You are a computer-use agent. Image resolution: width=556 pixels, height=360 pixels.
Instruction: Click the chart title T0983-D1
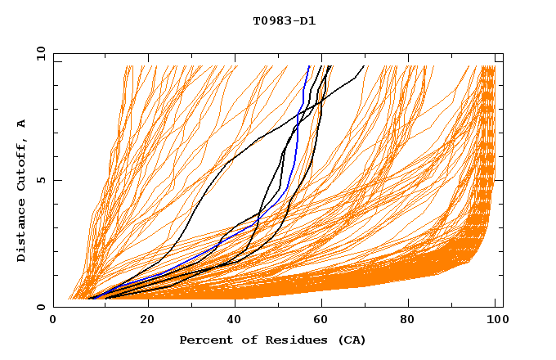284,20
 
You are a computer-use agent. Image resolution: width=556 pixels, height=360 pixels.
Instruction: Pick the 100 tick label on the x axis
495,320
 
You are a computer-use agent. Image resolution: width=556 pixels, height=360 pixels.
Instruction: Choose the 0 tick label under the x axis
54,320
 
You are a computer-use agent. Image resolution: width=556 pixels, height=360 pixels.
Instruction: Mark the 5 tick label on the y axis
39,180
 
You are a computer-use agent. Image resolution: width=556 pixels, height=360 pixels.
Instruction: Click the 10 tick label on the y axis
37,53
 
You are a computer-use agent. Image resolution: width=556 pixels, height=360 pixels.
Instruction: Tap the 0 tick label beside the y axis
39,307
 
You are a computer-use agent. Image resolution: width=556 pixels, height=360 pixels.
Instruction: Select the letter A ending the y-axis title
21,124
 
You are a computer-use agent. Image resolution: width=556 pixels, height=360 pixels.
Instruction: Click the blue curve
296,147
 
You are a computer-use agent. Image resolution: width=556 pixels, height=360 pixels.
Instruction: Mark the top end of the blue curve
308,66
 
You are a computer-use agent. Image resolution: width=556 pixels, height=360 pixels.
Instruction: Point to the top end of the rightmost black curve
364,66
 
